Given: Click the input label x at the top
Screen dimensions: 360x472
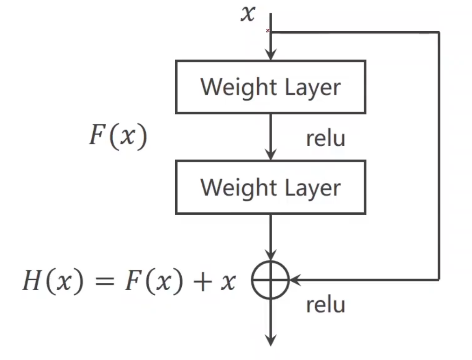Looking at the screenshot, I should point(248,14).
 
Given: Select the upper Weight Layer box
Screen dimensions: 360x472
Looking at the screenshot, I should point(270,87).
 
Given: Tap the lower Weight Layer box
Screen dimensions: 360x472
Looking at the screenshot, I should point(270,187).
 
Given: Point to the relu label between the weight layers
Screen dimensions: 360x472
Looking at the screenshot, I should point(325,138).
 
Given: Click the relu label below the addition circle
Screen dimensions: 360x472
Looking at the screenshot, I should point(325,305).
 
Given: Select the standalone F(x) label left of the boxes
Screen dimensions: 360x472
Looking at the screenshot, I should point(118,137).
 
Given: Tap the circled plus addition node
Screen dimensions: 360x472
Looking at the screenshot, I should point(270,280).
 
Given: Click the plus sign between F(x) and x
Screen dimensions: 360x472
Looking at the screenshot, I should point(201,283).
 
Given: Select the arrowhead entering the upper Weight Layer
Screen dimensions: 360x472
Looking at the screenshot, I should point(270,55).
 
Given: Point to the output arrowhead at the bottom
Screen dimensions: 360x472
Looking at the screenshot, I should point(270,340).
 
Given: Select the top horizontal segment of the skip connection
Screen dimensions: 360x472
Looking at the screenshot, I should point(354,32).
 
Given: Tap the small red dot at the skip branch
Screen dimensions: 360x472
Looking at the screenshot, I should point(268,31).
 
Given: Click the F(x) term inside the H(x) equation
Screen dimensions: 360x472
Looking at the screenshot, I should point(153,282).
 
